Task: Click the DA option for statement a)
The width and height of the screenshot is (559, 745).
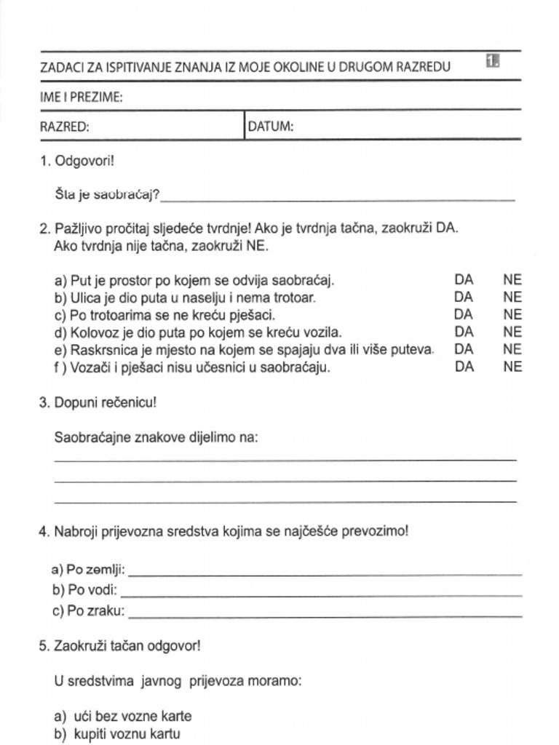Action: coord(464,279)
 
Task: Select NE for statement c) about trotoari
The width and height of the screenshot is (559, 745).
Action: coord(512,314)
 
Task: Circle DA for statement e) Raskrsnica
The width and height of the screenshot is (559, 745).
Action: coord(464,349)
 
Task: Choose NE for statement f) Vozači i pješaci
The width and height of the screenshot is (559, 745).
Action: coord(512,367)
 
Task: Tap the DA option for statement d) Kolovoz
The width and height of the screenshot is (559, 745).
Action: coord(464,332)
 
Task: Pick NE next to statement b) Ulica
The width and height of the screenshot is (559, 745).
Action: coord(512,297)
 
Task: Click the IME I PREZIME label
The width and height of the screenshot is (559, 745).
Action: coord(81,97)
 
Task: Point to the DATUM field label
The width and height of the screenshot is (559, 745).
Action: coord(271,127)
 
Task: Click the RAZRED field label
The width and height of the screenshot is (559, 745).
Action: coord(64,127)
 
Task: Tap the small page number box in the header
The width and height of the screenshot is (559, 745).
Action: coord(493,62)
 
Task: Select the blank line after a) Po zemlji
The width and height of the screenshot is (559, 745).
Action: coord(325,573)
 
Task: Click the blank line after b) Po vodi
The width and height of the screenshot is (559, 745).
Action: coord(320,594)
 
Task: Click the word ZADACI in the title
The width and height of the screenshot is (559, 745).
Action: coord(61,68)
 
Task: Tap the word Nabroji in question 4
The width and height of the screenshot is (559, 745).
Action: coord(76,531)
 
